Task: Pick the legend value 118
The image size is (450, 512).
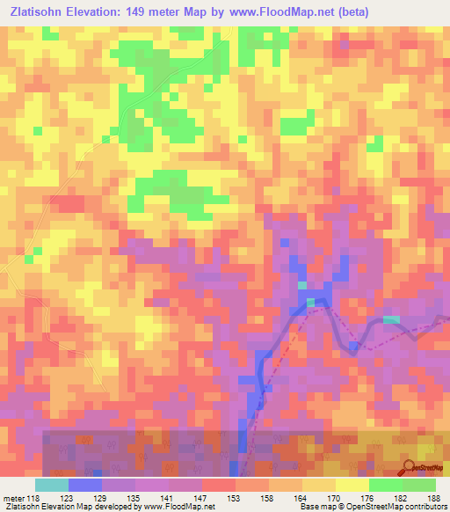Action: coord(34,498)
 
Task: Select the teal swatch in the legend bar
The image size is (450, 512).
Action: coord(52,485)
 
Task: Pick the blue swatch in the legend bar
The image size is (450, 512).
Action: coord(85,485)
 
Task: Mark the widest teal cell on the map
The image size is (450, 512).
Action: coord(391,318)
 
